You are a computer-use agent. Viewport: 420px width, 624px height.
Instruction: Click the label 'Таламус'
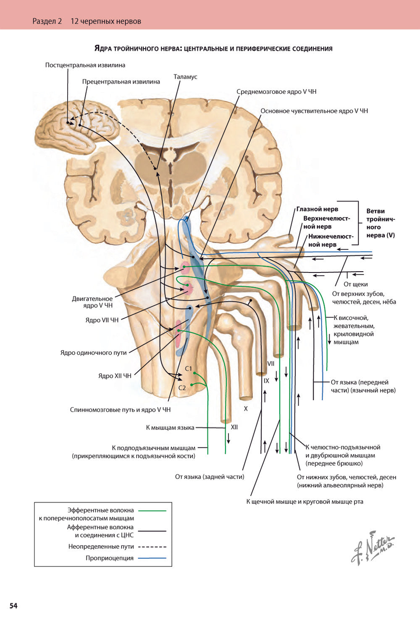pos(185,77)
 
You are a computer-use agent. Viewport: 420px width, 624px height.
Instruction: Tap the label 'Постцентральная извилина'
pos(85,65)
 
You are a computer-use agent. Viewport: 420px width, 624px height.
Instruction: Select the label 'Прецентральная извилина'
pos(121,82)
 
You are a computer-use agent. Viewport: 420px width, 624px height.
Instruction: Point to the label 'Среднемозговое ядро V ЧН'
pos(276,92)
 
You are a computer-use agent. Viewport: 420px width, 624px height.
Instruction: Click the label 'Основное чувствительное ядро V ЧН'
pos(314,111)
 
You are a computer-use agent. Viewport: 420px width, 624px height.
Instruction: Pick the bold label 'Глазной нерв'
pos(317,209)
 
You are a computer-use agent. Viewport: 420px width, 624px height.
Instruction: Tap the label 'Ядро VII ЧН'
pos(102,320)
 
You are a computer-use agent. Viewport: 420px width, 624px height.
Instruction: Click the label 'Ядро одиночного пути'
pos(93,352)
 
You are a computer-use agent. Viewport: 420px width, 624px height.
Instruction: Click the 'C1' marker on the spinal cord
pos(189,368)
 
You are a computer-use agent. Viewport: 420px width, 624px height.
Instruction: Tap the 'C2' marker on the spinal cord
pos(182,388)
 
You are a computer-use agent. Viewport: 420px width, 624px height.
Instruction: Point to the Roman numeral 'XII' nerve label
pos(234,427)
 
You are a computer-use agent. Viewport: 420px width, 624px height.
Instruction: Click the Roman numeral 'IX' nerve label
pos(266,381)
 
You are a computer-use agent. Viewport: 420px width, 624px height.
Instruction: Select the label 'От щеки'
pos(355,284)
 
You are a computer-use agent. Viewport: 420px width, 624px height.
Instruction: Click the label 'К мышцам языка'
pos(170,428)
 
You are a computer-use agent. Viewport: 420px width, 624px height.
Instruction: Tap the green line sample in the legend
pos(152,510)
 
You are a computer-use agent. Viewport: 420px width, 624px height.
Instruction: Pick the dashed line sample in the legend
pos(152,547)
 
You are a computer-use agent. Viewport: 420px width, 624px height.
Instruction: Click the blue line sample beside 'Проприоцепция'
pos(152,558)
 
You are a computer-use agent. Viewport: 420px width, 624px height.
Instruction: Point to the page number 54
pos(13,606)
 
